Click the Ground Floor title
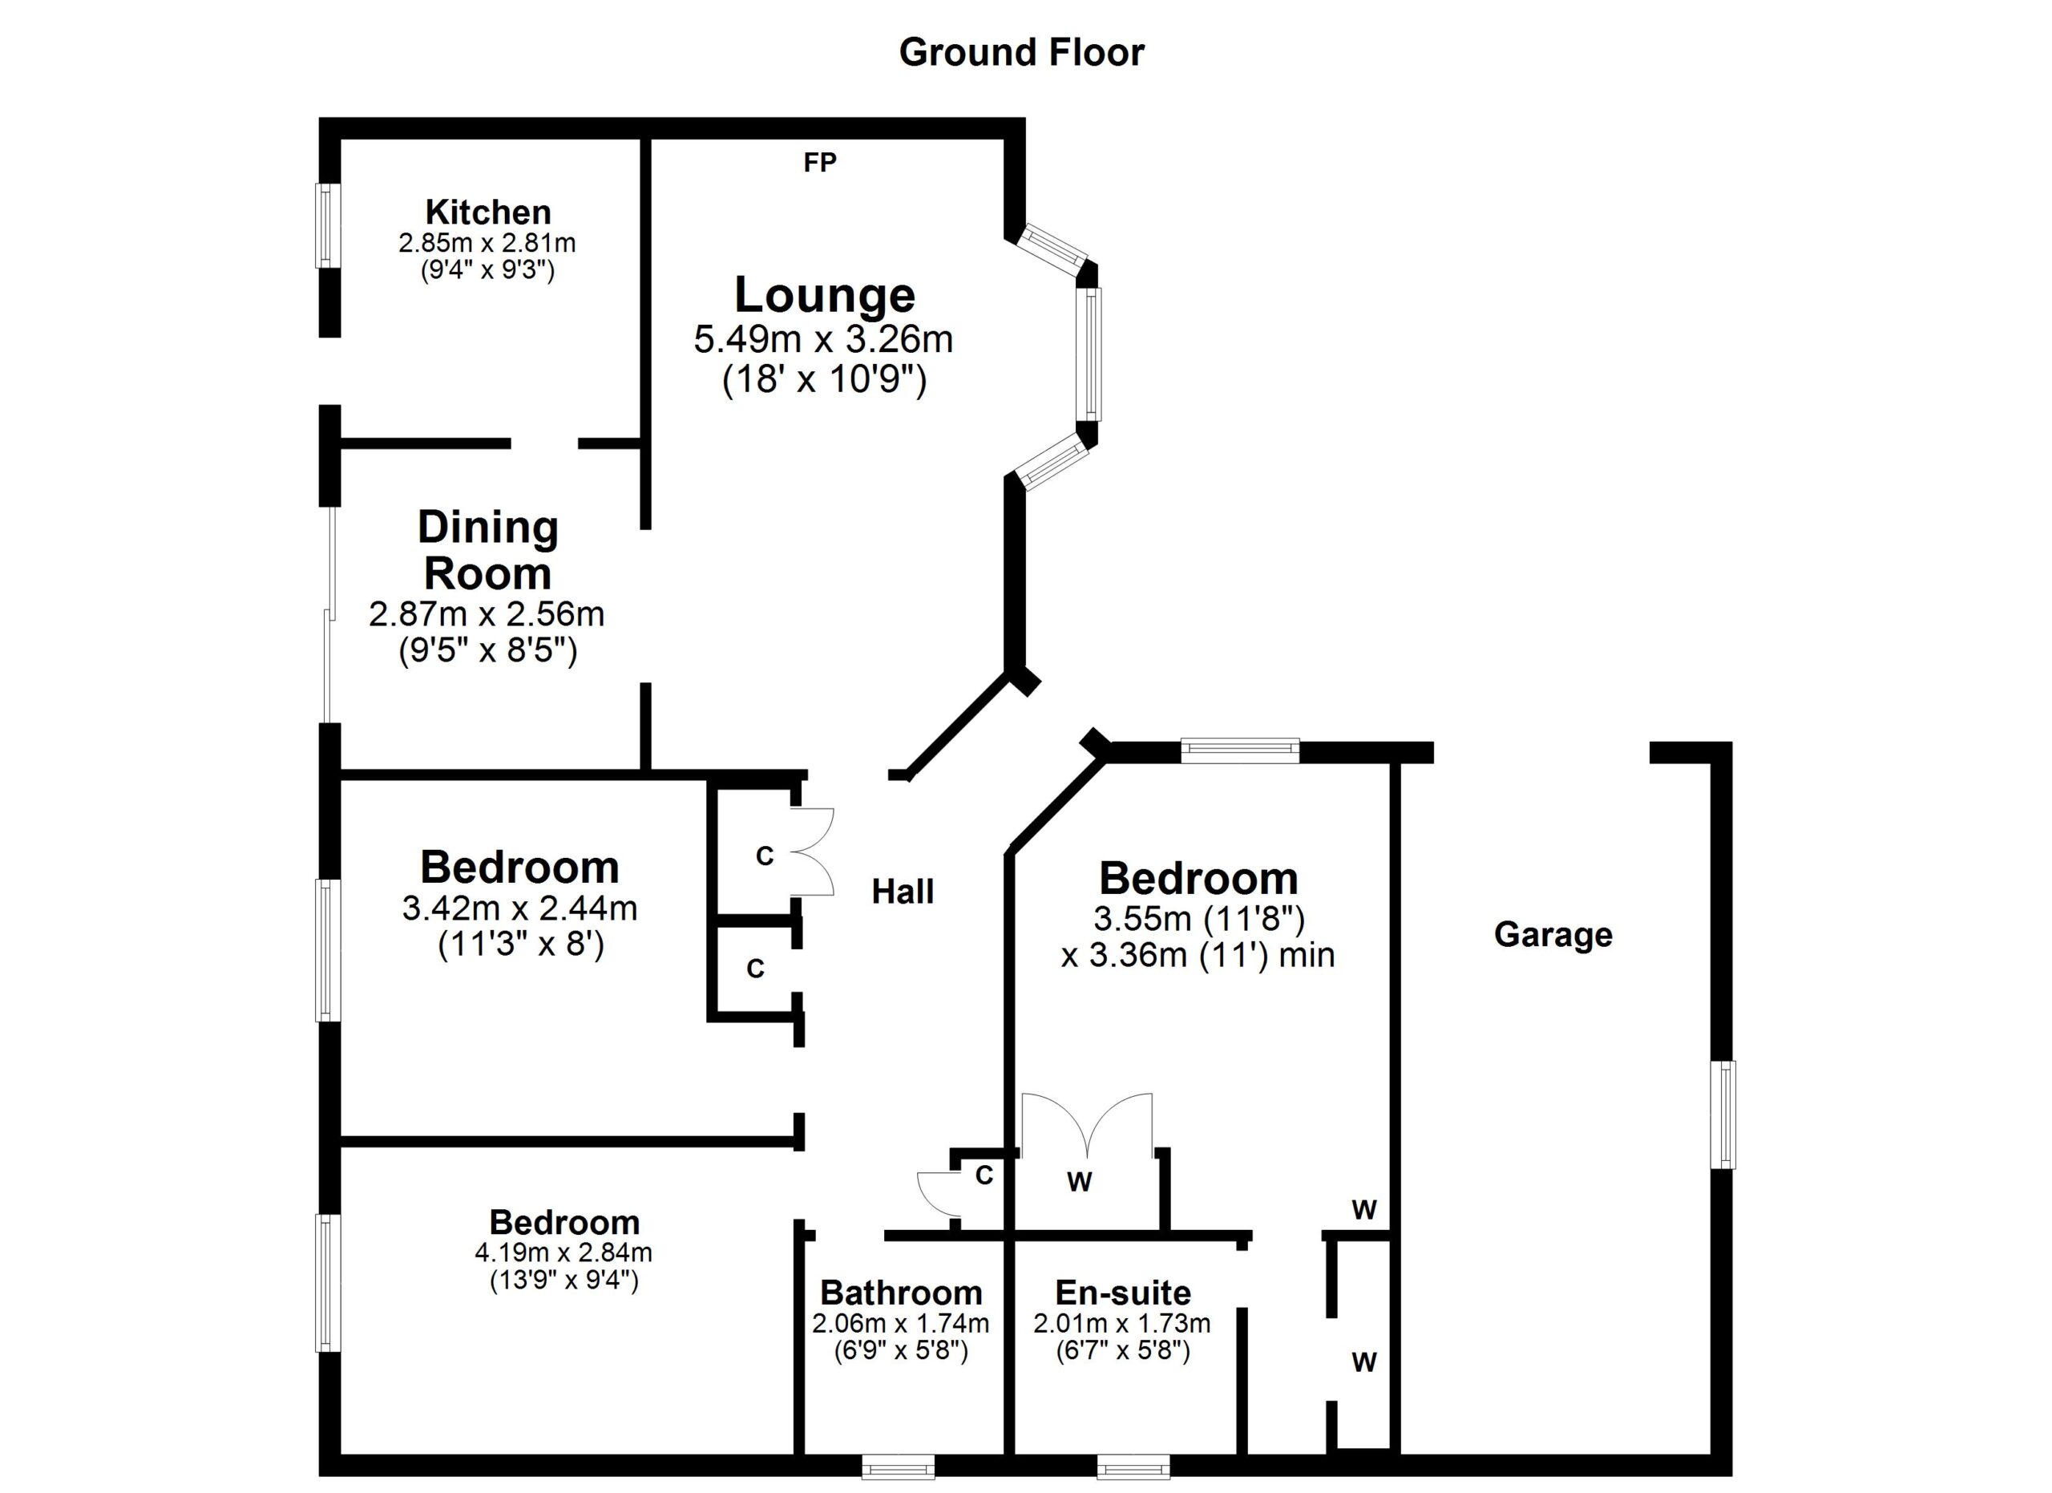click(x=1021, y=52)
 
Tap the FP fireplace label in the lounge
click(x=820, y=163)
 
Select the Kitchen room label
click(x=487, y=212)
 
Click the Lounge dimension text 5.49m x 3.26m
click(x=823, y=340)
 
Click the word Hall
click(x=902, y=892)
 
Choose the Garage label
click(x=1553, y=935)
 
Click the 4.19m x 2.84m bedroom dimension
click(x=563, y=1253)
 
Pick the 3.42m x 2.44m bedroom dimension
click(x=519, y=908)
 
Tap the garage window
click(x=1727, y=1115)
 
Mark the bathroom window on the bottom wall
click(x=898, y=1466)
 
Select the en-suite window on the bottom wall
click(x=1133, y=1466)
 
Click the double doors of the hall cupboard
click(x=811, y=852)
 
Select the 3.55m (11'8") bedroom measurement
click(x=1199, y=920)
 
